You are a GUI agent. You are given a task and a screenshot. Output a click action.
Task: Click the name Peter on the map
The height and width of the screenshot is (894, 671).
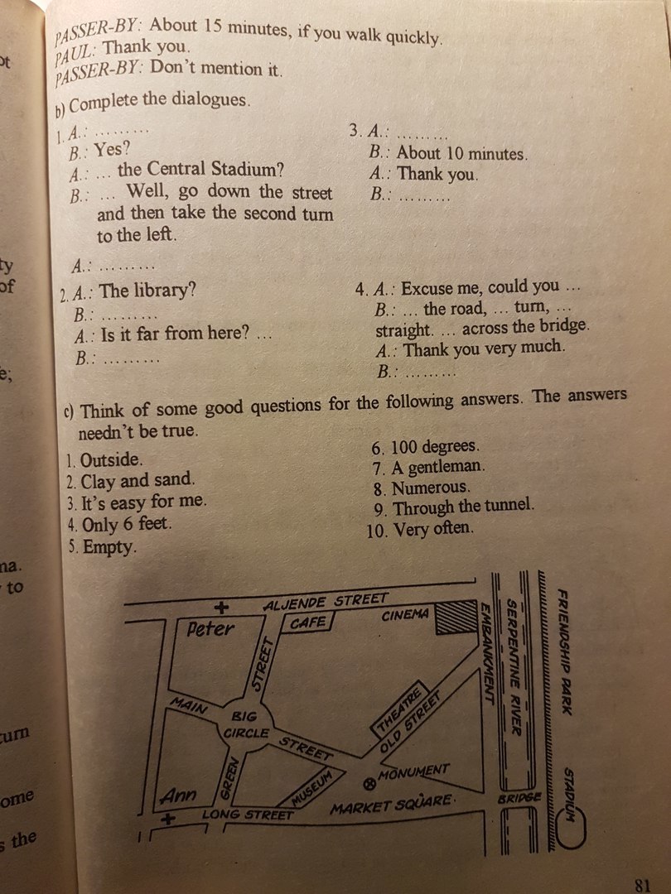coord(210,629)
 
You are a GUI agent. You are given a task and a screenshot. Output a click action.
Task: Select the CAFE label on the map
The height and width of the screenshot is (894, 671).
coord(308,622)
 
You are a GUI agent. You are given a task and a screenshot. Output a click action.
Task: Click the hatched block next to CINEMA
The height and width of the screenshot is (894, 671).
coord(456,617)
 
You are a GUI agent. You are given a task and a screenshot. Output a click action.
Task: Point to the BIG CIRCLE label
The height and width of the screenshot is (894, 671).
coord(246,724)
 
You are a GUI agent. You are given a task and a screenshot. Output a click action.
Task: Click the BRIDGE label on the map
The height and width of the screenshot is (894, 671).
coord(519,797)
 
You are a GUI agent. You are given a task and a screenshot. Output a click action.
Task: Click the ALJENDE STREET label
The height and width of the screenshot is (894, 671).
coord(326,602)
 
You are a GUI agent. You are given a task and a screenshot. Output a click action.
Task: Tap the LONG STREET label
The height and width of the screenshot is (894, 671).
coord(247,815)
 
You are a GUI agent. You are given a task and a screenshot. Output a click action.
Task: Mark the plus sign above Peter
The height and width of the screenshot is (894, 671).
coord(222,608)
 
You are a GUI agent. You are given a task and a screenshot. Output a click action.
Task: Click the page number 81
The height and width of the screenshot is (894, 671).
coord(643,885)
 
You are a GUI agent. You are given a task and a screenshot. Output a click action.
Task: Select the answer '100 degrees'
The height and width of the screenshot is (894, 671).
coord(435,447)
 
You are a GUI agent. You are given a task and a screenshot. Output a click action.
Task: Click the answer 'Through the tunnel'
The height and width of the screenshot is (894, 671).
coord(463,507)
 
